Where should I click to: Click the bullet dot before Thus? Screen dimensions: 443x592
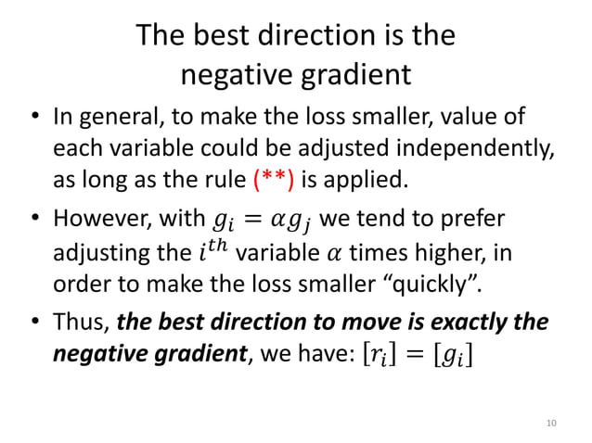(34, 324)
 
